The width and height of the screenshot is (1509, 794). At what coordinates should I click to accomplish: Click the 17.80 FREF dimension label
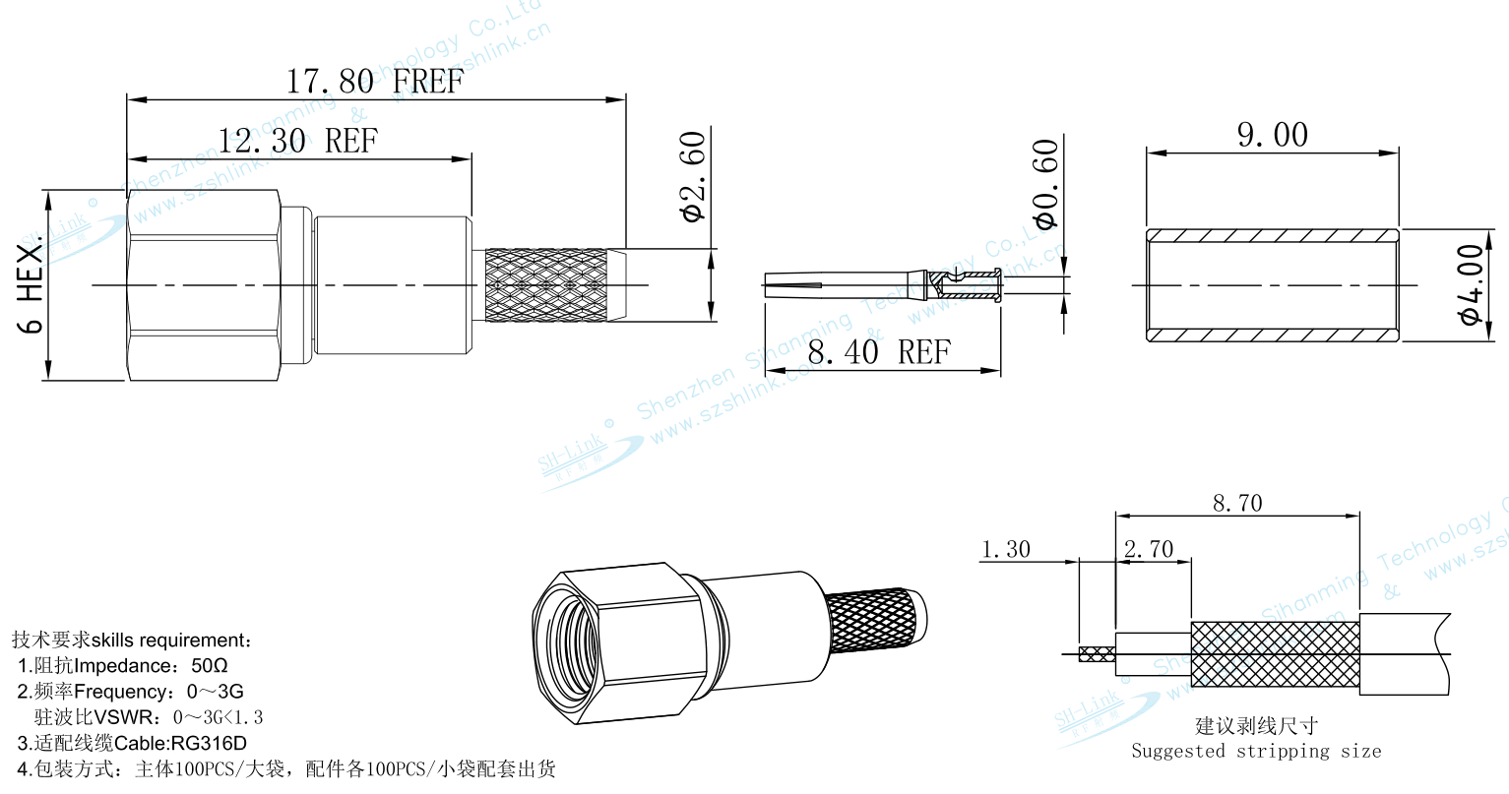click(374, 82)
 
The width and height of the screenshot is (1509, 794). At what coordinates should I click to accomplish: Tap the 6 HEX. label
click(31, 285)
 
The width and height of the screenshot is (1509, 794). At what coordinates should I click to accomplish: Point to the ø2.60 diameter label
click(694, 176)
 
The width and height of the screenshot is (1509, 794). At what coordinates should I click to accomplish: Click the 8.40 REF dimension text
click(879, 352)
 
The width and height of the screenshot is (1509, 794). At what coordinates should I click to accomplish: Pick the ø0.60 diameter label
click(1045, 184)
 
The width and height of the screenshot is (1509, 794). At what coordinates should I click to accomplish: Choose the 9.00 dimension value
click(1273, 136)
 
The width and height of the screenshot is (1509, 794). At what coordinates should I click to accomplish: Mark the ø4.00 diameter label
click(1471, 285)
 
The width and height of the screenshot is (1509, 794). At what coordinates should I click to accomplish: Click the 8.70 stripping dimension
click(1237, 504)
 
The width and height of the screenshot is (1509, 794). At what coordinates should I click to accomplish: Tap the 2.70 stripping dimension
click(1149, 549)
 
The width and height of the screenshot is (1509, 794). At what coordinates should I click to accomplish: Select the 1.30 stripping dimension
click(1006, 549)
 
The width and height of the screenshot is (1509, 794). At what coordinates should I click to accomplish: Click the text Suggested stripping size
click(1256, 752)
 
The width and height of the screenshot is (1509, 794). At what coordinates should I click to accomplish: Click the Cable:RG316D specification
click(132, 743)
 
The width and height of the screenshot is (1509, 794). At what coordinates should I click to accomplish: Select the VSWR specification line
click(149, 717)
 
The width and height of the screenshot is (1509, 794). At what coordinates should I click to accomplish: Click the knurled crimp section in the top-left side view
click(546, 285)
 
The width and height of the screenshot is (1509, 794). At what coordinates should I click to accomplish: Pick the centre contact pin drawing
click(882, 285)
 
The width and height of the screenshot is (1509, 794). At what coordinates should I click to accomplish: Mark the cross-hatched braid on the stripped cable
click(1275, 653)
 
